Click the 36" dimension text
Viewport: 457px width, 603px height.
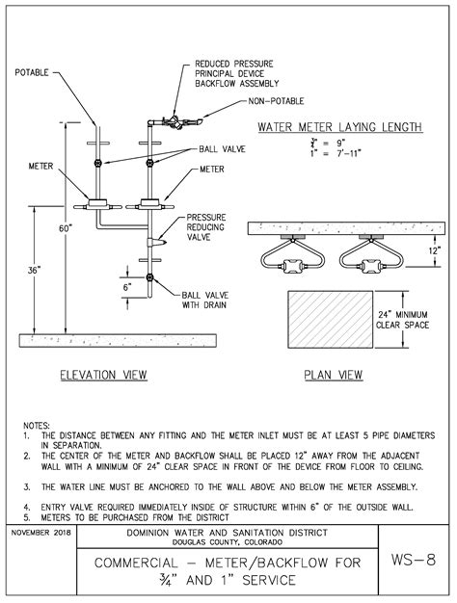[x=36, y=271]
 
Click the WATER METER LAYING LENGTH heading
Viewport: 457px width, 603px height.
[x=338, y=127]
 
